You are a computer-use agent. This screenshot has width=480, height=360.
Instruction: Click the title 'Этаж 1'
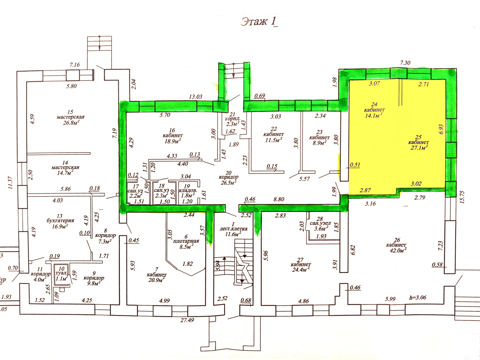(x=259, y=22)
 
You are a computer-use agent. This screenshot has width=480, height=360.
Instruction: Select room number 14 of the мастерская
(x=65, y=163)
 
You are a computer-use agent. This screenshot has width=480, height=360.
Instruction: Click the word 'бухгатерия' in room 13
(x=60, y=220)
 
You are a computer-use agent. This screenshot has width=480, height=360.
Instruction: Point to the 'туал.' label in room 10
(x=61, y=273)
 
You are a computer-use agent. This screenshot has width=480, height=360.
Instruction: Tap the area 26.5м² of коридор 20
(x=228, y=182)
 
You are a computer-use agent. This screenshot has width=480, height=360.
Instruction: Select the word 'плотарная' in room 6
(x=186, y=241)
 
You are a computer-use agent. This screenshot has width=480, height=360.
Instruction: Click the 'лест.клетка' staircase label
(x=233, y=229)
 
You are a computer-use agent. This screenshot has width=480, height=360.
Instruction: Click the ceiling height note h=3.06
(x=418, y=298)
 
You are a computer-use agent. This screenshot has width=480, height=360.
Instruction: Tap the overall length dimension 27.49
(x=187, y=320)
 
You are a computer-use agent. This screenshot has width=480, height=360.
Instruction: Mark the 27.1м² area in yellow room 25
(x=419, y=148)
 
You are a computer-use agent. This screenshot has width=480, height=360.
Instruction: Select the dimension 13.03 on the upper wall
(x=196, y=97)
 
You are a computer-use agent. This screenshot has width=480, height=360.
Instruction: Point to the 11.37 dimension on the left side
(x=10, y=183)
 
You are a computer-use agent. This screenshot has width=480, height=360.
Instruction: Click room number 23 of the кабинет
(x=319, y=132)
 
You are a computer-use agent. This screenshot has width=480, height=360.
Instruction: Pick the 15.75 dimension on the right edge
(x=462, y=197)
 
